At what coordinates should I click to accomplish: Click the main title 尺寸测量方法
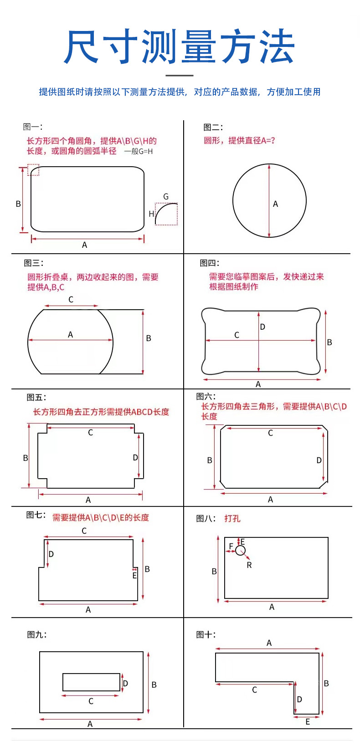tap(180, 47)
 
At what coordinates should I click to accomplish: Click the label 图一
tap(32, 127)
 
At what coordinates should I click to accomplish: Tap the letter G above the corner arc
tap(166, 197)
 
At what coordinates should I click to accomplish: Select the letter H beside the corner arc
tap(151, 214)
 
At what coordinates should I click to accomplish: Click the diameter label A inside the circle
tap(275, 204)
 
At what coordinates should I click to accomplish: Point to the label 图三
tap(33, 263)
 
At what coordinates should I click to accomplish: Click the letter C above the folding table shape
tap(71, 300)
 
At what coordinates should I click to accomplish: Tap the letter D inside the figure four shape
tap(262, 327)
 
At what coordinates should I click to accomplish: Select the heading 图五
tap(36, 398)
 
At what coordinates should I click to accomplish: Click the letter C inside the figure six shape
tap(270, 433)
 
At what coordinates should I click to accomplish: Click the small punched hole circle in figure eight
tap(241, 551)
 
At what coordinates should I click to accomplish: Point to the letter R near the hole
tap(249, 565)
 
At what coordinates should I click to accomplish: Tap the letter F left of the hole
tap(231, 547)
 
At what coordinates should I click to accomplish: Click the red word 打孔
tap(232, 518)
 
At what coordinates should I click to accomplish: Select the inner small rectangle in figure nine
tap(91, 682)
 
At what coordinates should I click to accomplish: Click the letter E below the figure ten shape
tap(308, 722)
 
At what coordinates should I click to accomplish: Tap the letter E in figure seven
tap(134, 576)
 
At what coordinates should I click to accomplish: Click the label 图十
tap(206, 634)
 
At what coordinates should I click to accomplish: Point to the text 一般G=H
tap(139, 151)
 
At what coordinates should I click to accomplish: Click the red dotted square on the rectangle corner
tap(33, 170)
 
